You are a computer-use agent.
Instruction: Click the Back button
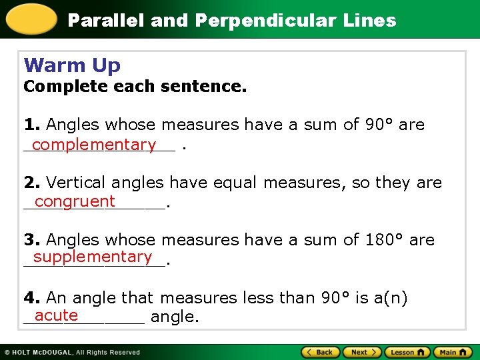[321, 352]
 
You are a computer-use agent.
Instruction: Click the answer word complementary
[93, 145]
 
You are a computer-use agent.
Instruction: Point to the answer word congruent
[75, 201]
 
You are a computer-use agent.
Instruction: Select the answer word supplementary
[93, 257]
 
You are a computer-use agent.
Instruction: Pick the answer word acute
[57, 315]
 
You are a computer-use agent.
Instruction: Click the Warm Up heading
[72, 65]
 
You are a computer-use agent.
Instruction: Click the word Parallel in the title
[107, 21]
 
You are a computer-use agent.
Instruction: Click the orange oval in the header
[31, 19]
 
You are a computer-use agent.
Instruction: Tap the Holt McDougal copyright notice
[72, 352]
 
